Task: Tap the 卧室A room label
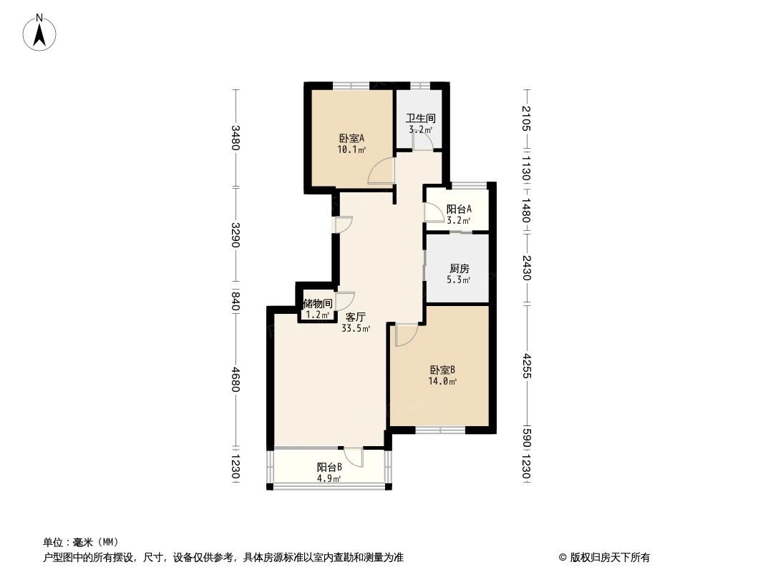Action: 351,138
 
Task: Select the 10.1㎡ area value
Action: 351,150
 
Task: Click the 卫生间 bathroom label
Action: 421,119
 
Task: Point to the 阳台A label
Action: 459,209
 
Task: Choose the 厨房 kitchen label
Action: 460,269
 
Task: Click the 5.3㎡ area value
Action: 460,280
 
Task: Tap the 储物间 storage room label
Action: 317,304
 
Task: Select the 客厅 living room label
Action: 356,317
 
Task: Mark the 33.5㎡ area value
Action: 356,329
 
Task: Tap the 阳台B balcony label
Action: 329,467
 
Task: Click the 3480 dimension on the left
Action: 235,138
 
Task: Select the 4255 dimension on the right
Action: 528,365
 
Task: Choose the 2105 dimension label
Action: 528,119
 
